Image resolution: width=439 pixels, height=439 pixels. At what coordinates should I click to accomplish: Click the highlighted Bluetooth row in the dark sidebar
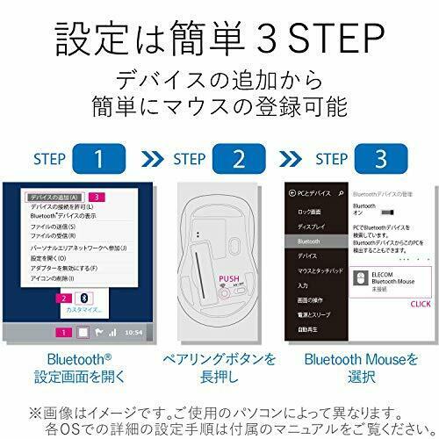pyautogui.click(x=308, y=240)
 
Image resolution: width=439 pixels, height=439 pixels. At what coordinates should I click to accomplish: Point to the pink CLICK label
pyautogui.click(x=421, y=303)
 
